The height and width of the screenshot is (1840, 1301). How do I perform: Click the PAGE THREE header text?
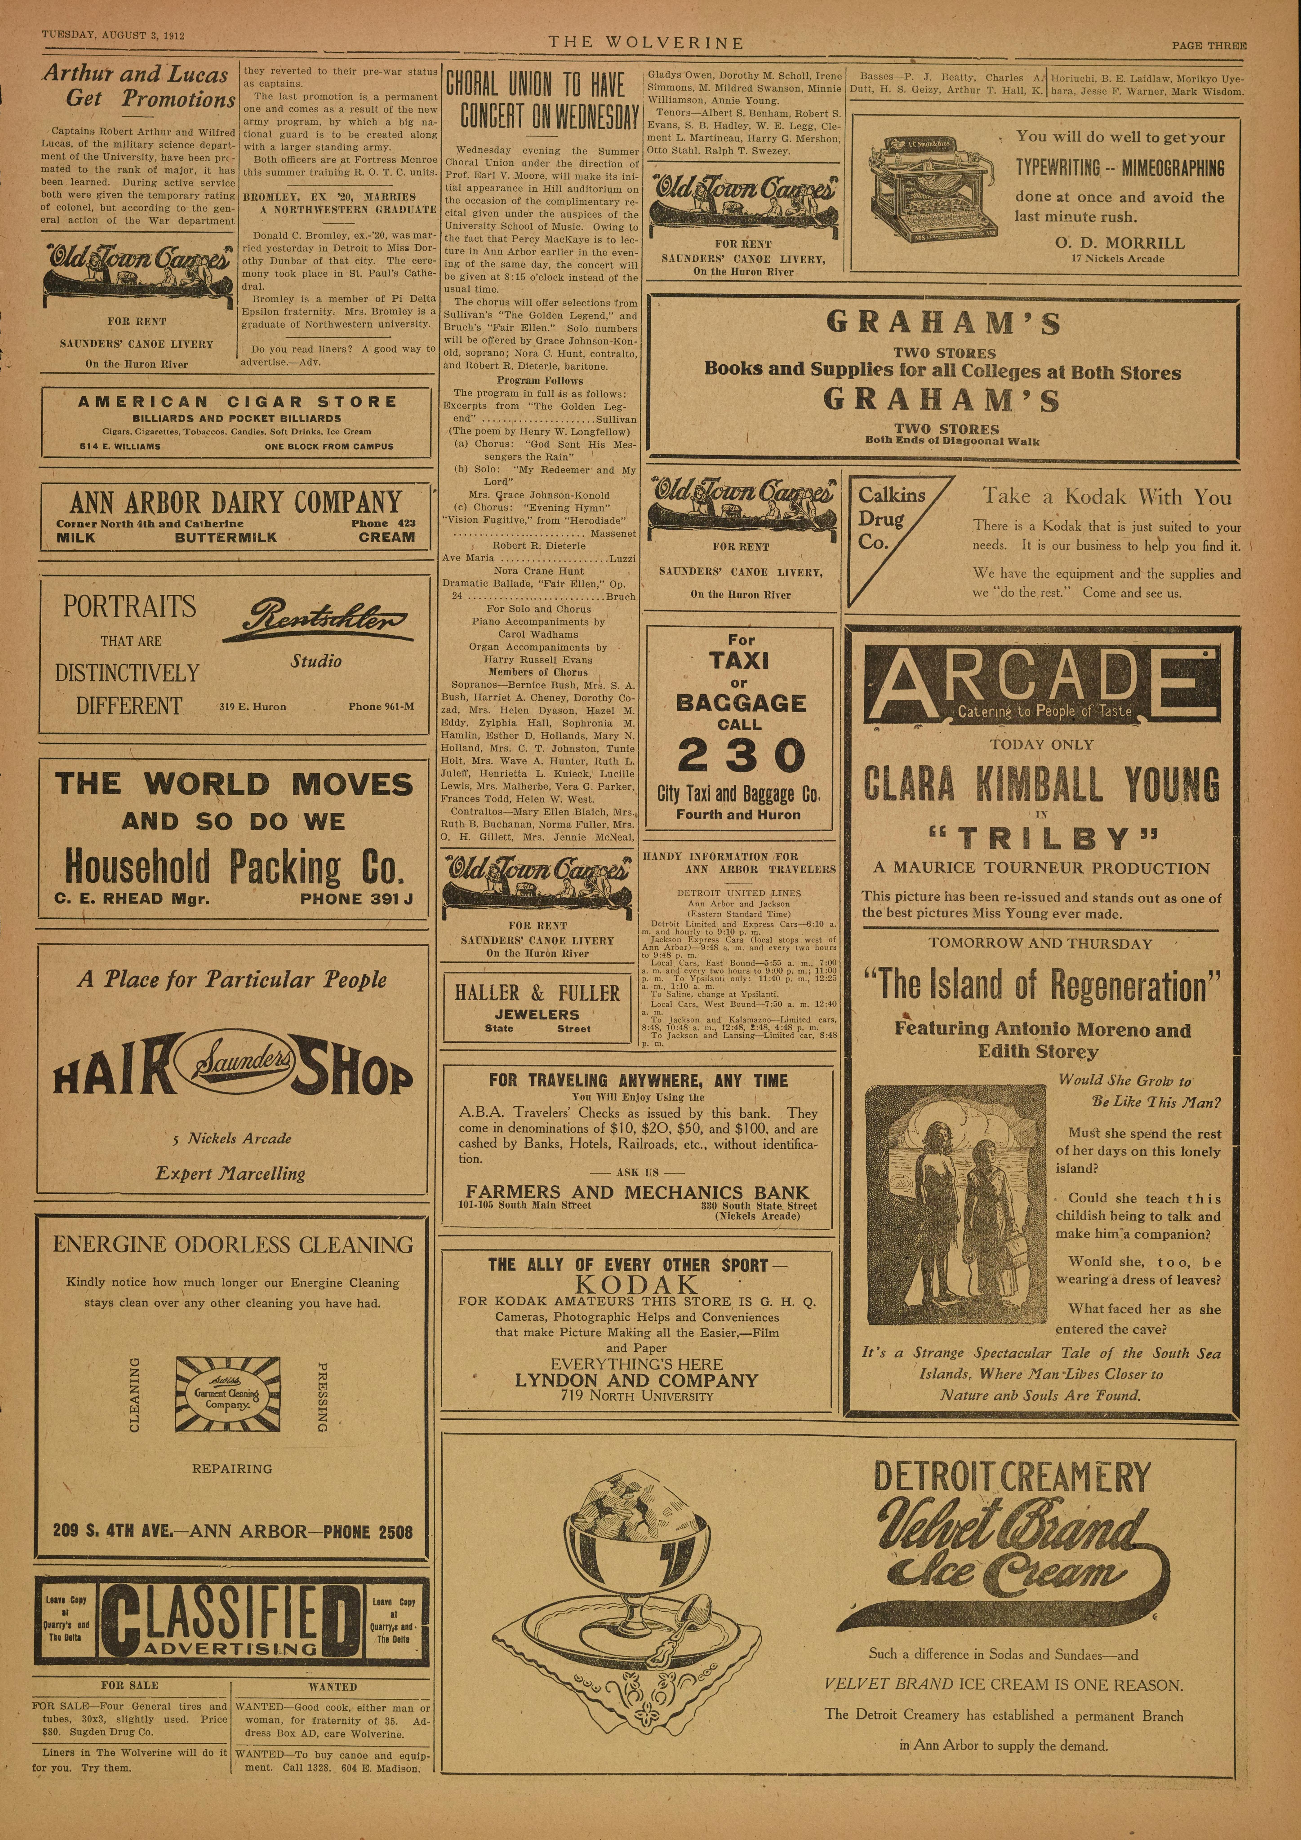[1208, 46]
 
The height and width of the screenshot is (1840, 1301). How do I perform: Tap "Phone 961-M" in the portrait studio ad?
[381, 706]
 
